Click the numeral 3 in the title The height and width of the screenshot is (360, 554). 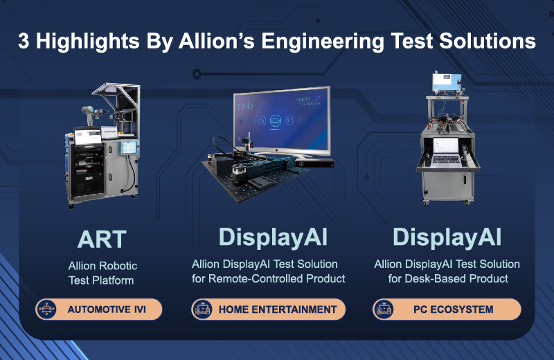tap(24, 41)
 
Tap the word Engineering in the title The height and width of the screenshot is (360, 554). tap(322, 42)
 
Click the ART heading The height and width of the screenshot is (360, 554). tap(102, 239)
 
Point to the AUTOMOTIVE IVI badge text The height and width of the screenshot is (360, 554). tap(107, 309)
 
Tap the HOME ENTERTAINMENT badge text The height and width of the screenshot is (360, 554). tap(278, 309)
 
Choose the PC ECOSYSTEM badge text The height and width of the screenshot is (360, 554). tap(454, 309)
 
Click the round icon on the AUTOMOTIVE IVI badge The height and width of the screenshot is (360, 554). tap(46, 309)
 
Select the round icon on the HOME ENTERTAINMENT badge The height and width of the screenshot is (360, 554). tap(202, 309)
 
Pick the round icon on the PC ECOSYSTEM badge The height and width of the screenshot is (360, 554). tap(384, 309)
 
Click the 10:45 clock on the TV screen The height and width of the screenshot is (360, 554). tap(245, 106)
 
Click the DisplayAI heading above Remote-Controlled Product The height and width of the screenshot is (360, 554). tap(273, 237)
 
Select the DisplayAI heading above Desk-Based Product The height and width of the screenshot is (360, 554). tap(447, 237)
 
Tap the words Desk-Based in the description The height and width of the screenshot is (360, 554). tap(435, 279)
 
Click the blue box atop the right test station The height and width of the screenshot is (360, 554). tap(447, 82)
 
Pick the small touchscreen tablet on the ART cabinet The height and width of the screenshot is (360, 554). tap(129, 147)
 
